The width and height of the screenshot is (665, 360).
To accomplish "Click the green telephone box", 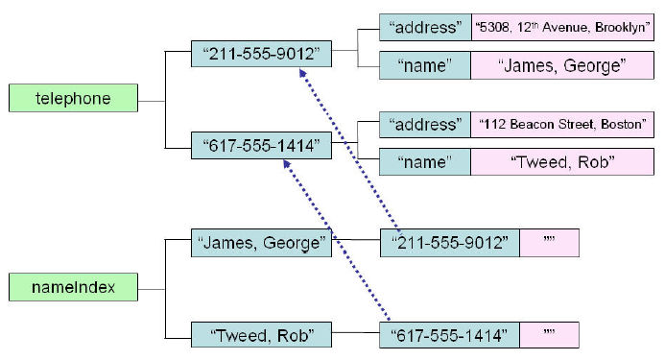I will pos(73,99).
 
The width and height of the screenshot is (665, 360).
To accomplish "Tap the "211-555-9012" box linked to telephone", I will pos(261,54).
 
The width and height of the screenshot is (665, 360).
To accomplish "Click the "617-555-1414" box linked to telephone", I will pos(261,147).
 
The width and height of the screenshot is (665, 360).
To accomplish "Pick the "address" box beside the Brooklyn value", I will pos(424,28).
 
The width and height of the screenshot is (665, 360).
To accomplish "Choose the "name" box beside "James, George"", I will pos(424,65).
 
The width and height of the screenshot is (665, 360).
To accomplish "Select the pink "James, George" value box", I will pos(562,65).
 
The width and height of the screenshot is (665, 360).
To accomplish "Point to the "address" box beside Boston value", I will pos(424,124).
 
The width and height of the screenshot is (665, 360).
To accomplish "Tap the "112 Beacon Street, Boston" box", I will pos(562,124).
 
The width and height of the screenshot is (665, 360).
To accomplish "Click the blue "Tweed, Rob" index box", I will pos(261,335).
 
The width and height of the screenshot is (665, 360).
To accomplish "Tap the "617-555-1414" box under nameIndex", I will pos(450,335).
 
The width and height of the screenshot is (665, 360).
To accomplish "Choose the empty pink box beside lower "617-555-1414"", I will pos(550,335).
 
